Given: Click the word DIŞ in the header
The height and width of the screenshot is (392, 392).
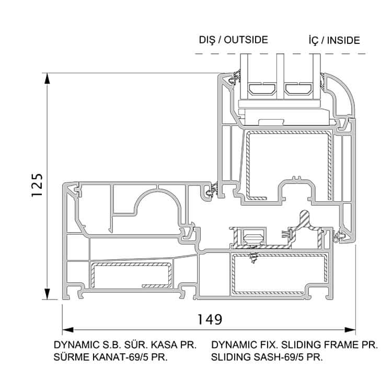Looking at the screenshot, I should pyautogui.click(x=207, y=40).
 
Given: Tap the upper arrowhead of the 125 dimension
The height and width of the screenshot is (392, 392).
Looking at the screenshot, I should pyautogui.click(x=48, y=78).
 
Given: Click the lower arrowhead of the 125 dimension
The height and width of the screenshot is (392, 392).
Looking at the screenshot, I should pyautogui.click(x=48, y=296).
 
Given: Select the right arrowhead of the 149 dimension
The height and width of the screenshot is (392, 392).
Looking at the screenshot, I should pyautogui.click(x=351, y=330).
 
